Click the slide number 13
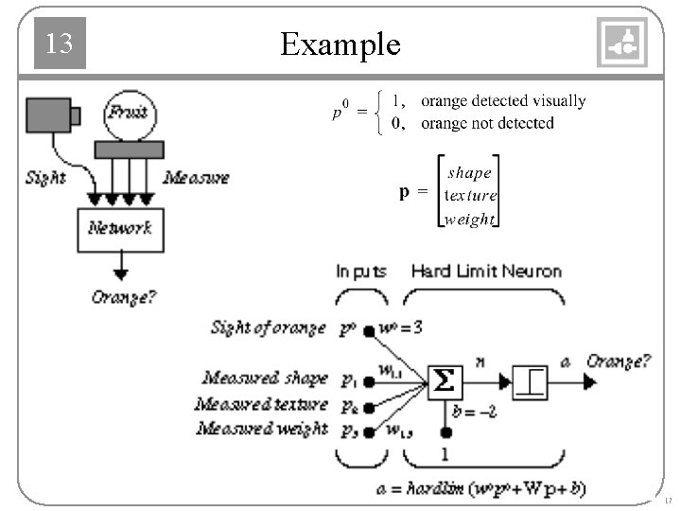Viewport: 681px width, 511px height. pos(59,43)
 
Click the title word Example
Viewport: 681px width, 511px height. pos(340,44)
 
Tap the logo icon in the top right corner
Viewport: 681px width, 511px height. pos(622,43)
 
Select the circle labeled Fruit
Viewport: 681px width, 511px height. pos(128,113)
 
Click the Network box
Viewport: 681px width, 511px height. pos(119,229)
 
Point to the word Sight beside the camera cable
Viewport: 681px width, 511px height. pos(44,177)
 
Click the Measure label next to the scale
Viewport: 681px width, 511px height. pos(196,177)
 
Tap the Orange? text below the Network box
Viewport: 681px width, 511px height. pos(124,296)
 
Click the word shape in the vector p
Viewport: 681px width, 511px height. pos(470,173)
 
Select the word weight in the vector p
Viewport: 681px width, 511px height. pos(470,219)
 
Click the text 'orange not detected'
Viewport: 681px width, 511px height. pos(487,123)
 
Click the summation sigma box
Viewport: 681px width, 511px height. pos(443,381)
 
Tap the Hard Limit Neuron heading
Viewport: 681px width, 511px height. pos(486,272)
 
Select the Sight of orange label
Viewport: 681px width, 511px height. pos(269,328)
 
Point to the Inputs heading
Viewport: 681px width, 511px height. pos(361,272)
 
